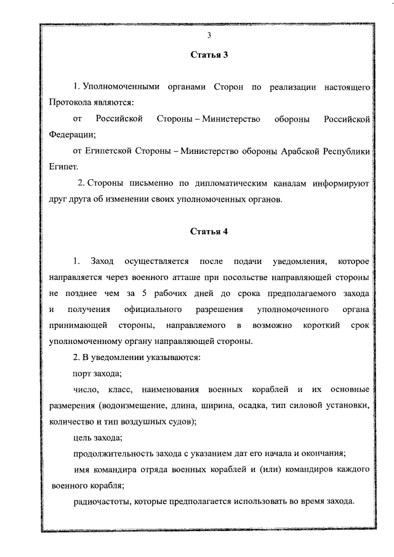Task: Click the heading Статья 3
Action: [x=209, y=55]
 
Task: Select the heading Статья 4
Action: [x=209, y=231]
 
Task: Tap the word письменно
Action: [x=141, y=183]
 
